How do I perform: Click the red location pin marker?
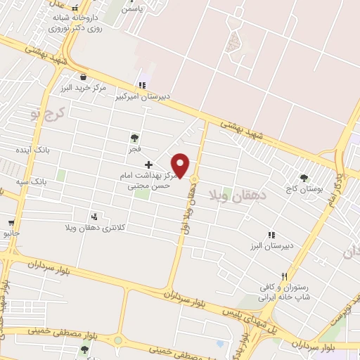coord(181,165)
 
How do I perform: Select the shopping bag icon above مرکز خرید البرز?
coord(84,77)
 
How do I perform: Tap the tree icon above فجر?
coord(134,138)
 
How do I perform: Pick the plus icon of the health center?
coord(148,165)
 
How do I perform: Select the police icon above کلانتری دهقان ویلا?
coord(94,215)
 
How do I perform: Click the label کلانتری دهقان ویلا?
coord(94,227)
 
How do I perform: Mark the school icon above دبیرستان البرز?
coord(271,236)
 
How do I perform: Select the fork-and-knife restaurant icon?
coord(284,276)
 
